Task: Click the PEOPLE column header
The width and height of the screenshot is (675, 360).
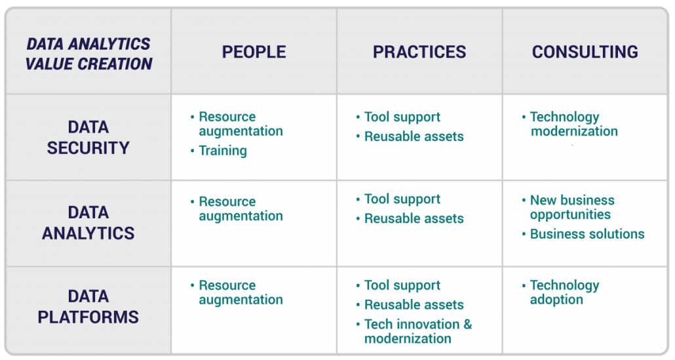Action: [254, 52]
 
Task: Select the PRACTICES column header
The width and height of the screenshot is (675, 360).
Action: [419, 52]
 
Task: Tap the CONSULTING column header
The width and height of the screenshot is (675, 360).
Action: [585, 52]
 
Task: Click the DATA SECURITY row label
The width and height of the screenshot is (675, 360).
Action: [88, 138]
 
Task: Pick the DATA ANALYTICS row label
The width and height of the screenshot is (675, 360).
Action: [88, 223]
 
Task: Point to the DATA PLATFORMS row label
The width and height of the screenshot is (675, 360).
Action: [88, 307]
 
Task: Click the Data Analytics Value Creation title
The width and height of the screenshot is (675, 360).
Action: [88, 54]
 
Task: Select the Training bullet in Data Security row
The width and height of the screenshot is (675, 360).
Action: [223, 151]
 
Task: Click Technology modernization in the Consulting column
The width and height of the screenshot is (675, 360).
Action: [573, 124]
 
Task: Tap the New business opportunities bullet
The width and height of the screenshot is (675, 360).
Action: [571, 207]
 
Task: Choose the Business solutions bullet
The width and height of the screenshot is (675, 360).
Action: [587, 234]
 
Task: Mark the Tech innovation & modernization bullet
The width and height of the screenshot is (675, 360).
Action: [417, 331]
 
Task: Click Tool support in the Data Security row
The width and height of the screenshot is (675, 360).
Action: [402, 117]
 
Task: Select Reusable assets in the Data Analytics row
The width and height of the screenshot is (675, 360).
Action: [414, 219]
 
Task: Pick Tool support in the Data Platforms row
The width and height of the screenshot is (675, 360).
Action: [402, 286]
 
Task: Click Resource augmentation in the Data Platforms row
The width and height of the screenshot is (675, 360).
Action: [240, 292]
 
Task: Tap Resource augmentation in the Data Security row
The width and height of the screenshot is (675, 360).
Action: [240, 124]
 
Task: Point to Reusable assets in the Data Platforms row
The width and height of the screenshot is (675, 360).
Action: [414, 305]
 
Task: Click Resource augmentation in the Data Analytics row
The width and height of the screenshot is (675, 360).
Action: [240, 209]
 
